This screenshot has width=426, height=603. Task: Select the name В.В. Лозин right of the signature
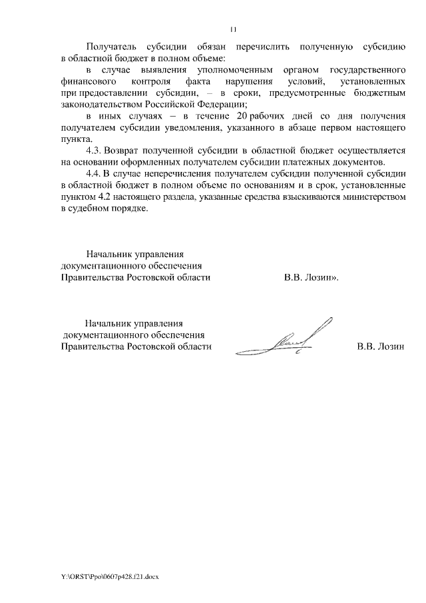point(380,346)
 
